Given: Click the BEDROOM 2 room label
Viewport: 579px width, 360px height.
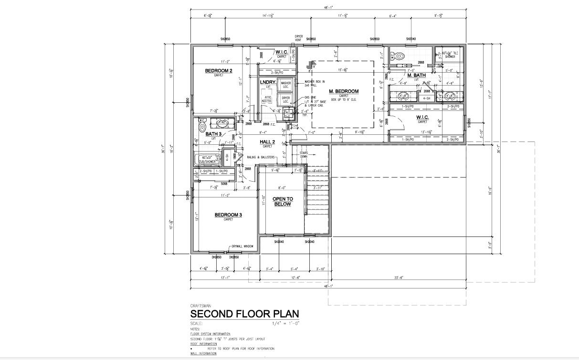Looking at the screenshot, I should coord(219,71).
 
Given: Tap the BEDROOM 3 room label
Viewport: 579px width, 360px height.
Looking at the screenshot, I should coord(228,215).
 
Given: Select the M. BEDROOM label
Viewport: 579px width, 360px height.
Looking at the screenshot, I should coord(344,91).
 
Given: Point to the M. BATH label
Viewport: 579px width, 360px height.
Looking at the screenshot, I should coord(416,76).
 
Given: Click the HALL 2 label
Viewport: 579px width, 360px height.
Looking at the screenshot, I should coord(267,142).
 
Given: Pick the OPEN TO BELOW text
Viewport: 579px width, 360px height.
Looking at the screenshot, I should coord(283,201).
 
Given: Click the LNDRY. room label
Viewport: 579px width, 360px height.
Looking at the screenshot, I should coord(268,82).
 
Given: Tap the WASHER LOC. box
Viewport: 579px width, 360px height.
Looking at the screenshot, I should coord(286,84).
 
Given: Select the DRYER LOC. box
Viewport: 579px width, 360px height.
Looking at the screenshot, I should coord(286,99).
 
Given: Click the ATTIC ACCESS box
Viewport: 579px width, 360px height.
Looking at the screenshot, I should coord(266,99).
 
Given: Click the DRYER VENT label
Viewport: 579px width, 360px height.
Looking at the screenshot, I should coord(299,38).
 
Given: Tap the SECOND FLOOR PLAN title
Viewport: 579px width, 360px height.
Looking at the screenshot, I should coord(244,314).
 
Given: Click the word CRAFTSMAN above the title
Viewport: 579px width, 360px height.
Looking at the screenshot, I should coord(200,305).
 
